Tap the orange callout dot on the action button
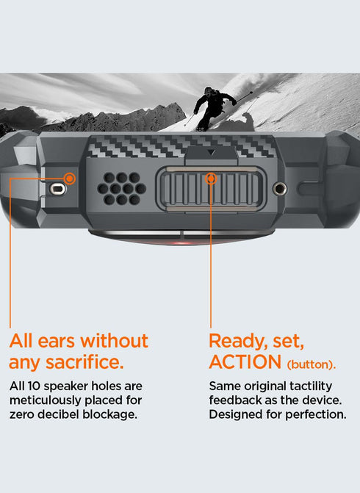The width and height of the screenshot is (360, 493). [x=211, y=179]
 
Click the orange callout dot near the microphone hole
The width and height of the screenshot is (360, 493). [x=70, y=179]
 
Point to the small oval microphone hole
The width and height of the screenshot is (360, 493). [x=57, y=189]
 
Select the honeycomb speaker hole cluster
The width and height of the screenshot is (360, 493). [x=122, y=189]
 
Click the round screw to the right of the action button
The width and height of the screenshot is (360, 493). [x=279, y=189]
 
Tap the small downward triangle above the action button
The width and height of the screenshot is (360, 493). [x=211, y=153]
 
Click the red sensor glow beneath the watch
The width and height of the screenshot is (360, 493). [x=181, y=242]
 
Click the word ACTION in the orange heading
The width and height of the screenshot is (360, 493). [x=245, y=362]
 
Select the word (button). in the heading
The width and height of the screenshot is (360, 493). [x=312, y=364]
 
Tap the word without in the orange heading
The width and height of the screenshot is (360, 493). [x=114, y=340]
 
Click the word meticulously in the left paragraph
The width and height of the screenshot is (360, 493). [x=46, y=400]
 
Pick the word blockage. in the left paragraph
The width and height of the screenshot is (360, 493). [x=110, y=414]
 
